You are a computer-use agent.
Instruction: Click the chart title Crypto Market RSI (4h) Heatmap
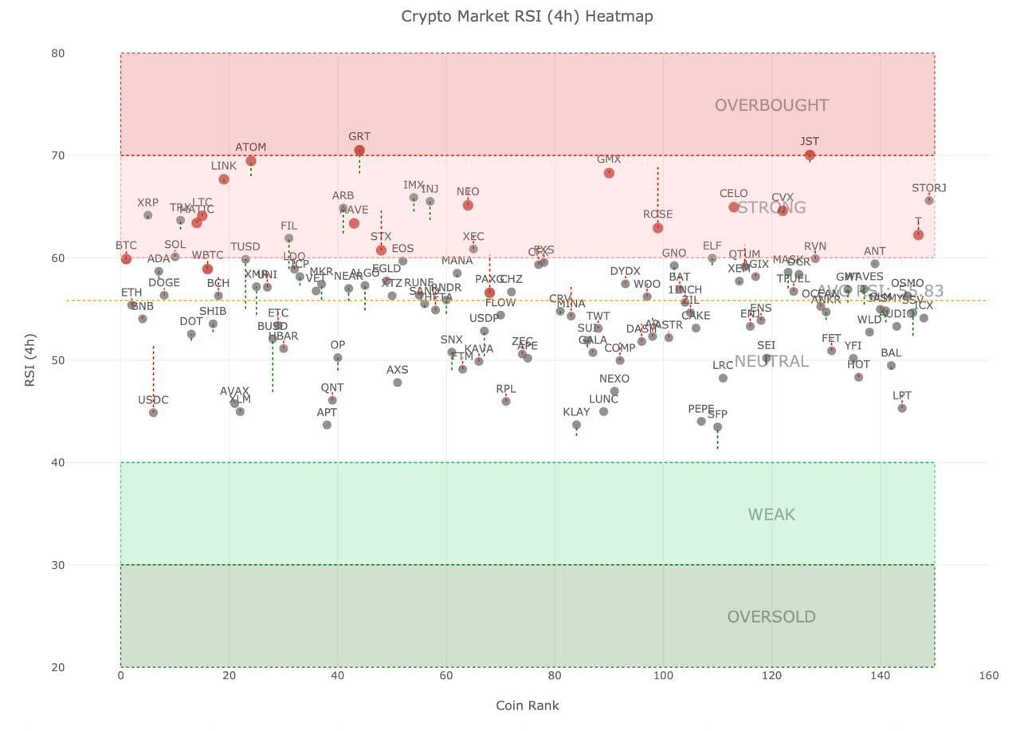527,16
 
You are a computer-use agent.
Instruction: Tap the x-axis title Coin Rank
527,705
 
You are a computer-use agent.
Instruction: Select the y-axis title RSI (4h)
29,360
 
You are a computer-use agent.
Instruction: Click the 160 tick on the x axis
988,676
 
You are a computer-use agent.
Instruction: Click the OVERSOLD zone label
771,617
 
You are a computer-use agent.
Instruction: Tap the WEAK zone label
771,515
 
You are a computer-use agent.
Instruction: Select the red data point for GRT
359,151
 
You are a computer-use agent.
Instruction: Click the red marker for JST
810,155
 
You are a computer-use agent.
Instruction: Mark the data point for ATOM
251,161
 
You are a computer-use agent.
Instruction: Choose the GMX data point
609,173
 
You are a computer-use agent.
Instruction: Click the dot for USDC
153,413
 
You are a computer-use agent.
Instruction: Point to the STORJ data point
929,200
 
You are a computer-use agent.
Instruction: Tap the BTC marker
126,259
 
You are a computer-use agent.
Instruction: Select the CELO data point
734,207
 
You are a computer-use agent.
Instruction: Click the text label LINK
224,166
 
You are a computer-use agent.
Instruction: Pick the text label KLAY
576,412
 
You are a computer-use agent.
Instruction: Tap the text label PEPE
701,409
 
